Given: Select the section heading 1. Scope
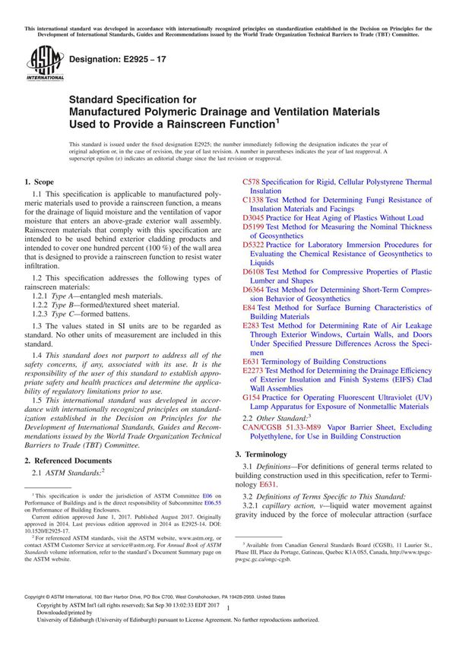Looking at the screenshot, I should (40, 183).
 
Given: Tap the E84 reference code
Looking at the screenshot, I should (250, 306).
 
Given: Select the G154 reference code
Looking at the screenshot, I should (253, 396).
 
